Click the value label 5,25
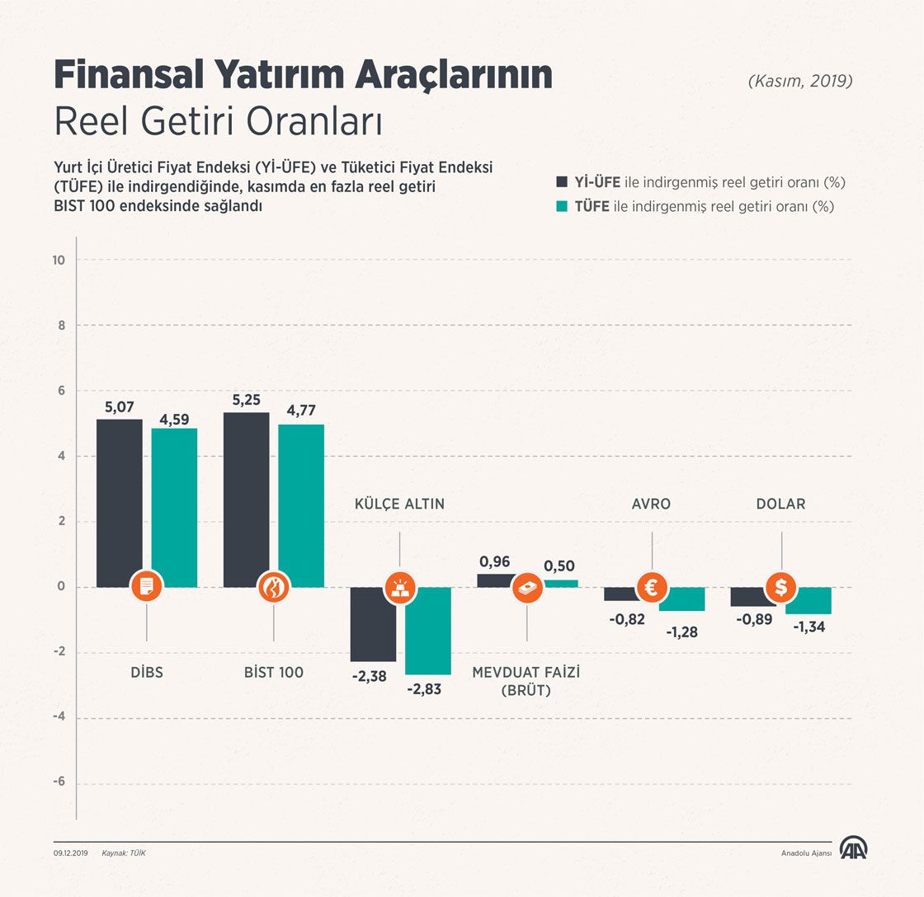click(x=247, y=400)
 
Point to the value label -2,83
click(x=424, y=689)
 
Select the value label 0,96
click(x=494, y=561)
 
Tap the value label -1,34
click(x=809, y=627)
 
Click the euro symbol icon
click(x=652, y=587)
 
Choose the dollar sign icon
click(x=780, y=587)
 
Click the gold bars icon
click(x=400, y=587)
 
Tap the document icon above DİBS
click(x=147, y=587)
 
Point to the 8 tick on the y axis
click(x=60, y=326)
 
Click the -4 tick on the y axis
click(x=58, y=718)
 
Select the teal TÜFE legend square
click(x=562, y=206)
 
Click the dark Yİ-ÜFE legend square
click(x=562, y=181)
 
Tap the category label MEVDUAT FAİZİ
click(x=526, y=673)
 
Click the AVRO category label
click(x=652, y=504)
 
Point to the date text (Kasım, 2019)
click(x=799, y=82)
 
